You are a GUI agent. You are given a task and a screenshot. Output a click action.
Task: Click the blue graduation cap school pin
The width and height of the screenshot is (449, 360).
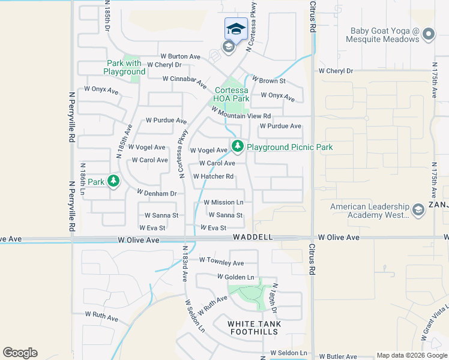click(236, 29)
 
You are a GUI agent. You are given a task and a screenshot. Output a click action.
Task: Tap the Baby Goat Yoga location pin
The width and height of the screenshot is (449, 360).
click(428, 34)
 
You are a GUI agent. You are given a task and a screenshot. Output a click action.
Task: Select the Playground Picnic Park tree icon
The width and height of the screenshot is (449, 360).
click(238, 146)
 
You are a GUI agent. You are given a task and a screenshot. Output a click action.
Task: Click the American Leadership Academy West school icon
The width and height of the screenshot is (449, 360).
click(418, 209)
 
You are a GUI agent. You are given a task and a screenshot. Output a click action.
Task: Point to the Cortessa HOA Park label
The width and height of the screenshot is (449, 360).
click(232, 94)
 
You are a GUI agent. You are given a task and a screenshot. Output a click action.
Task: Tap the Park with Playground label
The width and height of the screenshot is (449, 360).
click(124, 67)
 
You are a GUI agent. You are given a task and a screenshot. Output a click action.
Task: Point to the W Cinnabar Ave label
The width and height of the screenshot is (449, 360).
click(184, 79)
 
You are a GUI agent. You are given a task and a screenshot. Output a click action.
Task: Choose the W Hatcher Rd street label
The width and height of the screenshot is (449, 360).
click(213, 176)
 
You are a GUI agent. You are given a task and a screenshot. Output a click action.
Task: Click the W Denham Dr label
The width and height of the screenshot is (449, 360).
click(157, 193)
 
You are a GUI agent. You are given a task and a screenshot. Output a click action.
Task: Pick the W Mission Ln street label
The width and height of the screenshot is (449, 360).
click(223, 203)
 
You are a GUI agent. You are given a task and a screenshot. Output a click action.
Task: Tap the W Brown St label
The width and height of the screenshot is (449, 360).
click(268, 80)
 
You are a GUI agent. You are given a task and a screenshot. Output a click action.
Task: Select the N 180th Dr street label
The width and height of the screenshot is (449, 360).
click(274, 299)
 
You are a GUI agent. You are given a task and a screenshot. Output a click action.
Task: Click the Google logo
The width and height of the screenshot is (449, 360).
click(20, 353)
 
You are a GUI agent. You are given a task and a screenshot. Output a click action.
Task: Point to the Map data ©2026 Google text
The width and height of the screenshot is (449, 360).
click(412, 355)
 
